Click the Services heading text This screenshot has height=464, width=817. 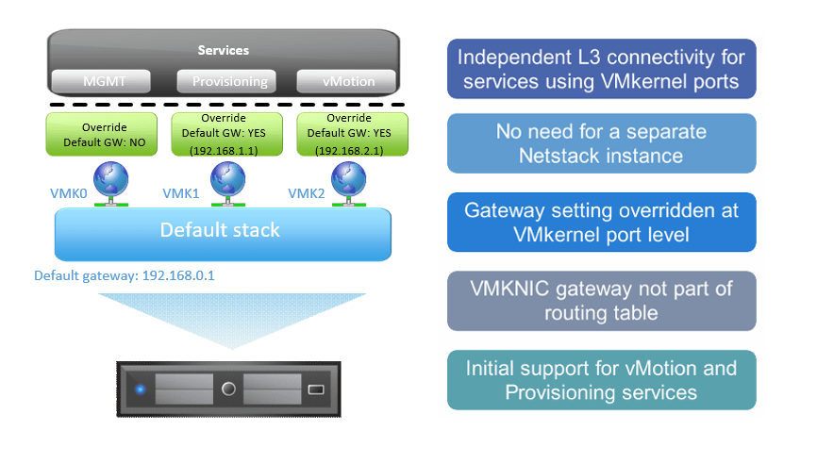click(223, 50)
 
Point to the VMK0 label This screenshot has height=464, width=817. click(68, 192)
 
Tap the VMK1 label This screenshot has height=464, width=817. click(181, 192)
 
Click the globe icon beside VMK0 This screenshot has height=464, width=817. click(110, 183)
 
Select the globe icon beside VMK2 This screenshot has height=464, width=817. click(349, 183)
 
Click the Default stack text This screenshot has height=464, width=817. click(220, 230)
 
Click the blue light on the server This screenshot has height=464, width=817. click(140, 389)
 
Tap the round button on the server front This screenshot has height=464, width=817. click(227, 388)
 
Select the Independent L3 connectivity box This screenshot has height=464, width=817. click(601, 69)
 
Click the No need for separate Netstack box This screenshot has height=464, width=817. click(601, 143)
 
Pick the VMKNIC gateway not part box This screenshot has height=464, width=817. click(601, 301)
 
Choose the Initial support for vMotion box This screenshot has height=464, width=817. click(601, 380)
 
